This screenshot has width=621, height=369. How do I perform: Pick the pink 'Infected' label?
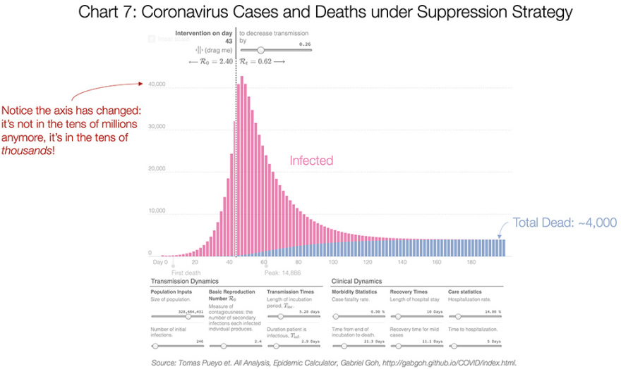311,161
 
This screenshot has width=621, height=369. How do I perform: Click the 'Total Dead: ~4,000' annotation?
564,223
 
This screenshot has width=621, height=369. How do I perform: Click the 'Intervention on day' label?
205,33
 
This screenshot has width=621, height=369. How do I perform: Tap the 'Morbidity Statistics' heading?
354,292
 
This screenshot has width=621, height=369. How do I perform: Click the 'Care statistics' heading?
467,292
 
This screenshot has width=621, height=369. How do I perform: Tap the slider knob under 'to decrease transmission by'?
261,50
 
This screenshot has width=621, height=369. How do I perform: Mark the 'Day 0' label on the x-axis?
161,262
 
